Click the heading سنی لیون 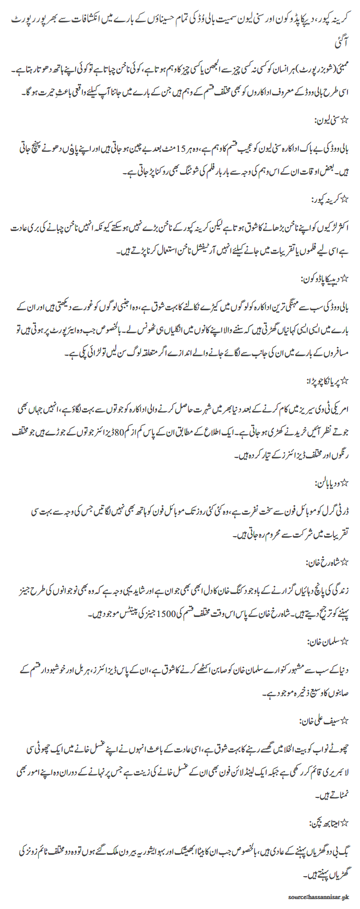[331, 121]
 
